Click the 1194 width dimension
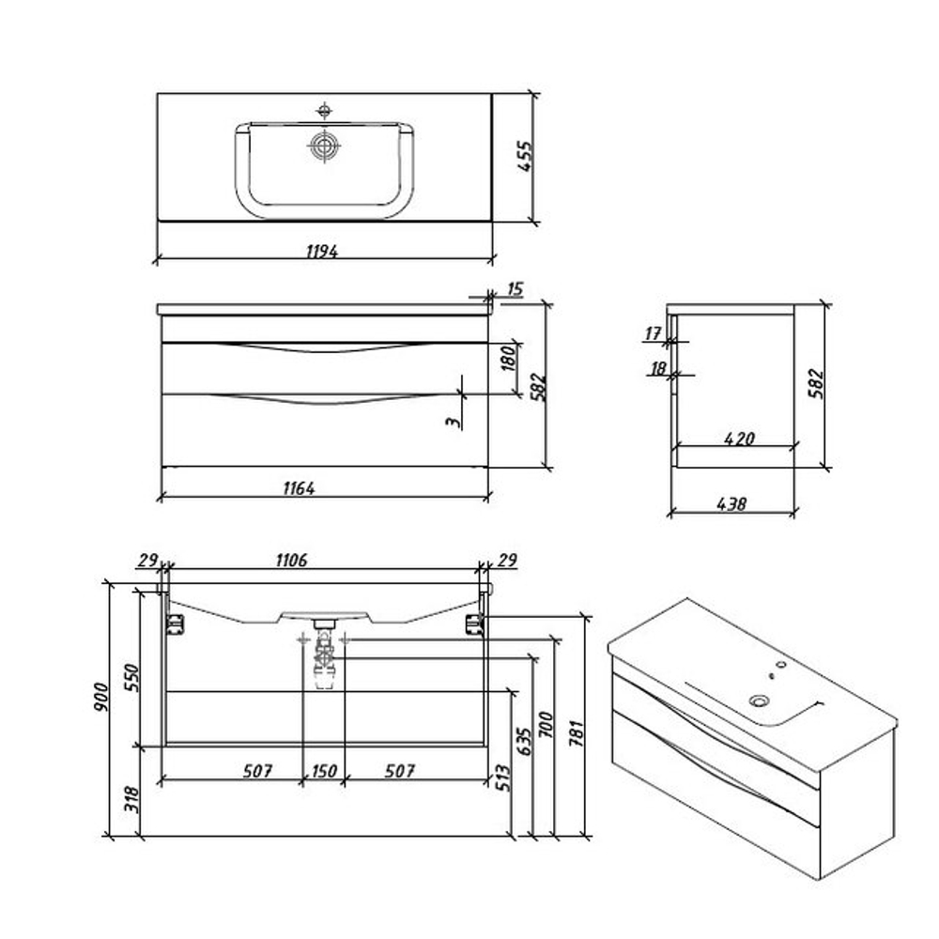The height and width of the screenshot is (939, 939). coord(321,251)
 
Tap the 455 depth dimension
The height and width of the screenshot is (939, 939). coord(525,156)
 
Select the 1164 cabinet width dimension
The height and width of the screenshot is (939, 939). coord(299,488)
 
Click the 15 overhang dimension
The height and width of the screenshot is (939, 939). coord(515,289)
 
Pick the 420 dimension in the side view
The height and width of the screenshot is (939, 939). coord(739,439)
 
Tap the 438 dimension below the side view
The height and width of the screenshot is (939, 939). coord(731,503)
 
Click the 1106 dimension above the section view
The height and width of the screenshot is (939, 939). coord(292,560)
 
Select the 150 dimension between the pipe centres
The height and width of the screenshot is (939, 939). coord(324,771)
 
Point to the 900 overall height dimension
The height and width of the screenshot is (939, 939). coord(100,697)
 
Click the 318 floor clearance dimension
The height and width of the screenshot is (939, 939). coord(131,799)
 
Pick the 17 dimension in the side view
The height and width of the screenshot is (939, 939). coord(653,333)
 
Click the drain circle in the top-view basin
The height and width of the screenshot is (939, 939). coord(325,146)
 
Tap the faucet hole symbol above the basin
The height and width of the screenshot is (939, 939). coord(324,110)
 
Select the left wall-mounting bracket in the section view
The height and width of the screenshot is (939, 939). coord(175,623)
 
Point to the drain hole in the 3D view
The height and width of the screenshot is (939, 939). coord(759,700)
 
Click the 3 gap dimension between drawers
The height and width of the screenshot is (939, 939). coord(454,422)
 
